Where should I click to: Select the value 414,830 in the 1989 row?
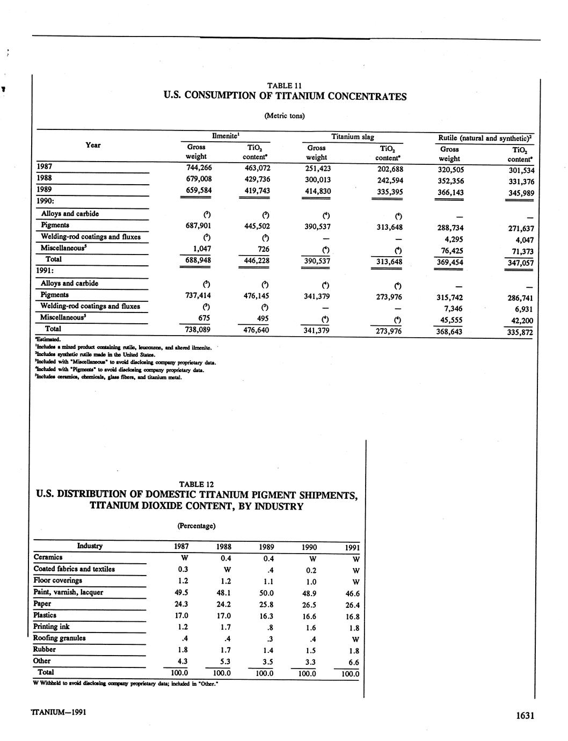[x=316, y=192]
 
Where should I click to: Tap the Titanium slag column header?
[x=353, y=137]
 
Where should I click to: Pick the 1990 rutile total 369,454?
[x=450, y=262]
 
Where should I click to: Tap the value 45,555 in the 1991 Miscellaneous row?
[x=452, y=320]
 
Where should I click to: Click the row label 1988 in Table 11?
[x=45, y=178]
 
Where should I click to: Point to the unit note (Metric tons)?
[x=285, y=115]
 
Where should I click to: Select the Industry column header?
[x=90, y=546]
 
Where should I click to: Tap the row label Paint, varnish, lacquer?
[x=68, y=592]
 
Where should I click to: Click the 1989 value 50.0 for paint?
[x=266, y=593]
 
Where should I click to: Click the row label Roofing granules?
[x=60, y=638]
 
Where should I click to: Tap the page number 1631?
[x=525, y=715]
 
